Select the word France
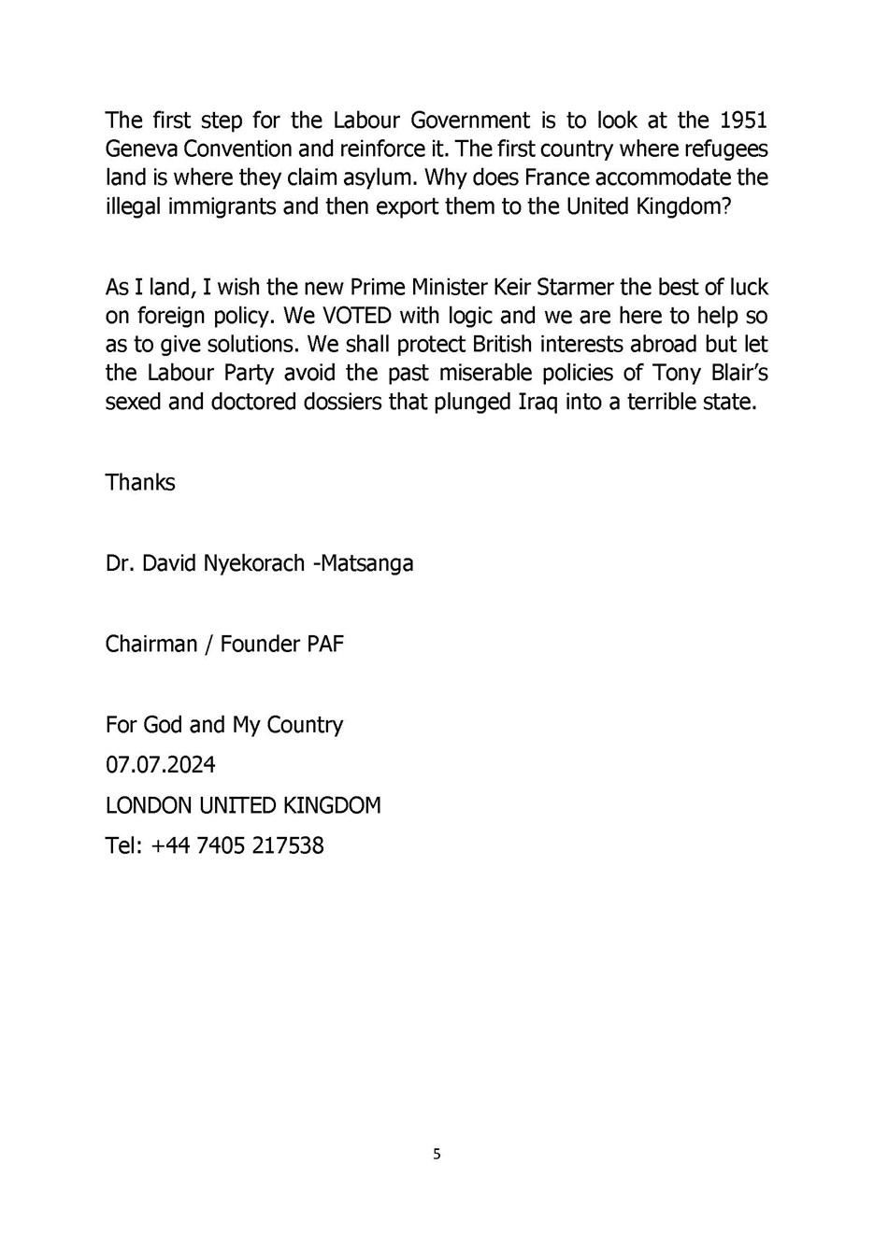563,177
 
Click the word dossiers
343,403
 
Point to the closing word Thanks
140,483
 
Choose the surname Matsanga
367,564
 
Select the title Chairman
151,645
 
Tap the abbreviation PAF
325,645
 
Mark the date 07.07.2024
161,765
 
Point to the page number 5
437,1155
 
